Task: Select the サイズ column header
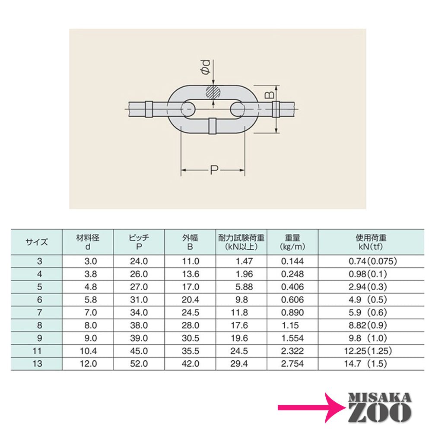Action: (x=37, y=242)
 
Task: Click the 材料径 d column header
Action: (x=88, y=242)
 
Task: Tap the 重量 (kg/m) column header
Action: (x=292, y=242)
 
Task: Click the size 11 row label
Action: (x=37, y=351)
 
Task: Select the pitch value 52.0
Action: (x=139, y=364)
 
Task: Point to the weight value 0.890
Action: (x=292, y=312)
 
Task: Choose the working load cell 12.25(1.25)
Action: (x=372, y=351)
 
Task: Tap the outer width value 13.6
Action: (x=191, y=274)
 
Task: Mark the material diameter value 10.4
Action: (x=89, y=351)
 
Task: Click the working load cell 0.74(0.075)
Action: (x=372, y=261)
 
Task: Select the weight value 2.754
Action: (x=292, y=364)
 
